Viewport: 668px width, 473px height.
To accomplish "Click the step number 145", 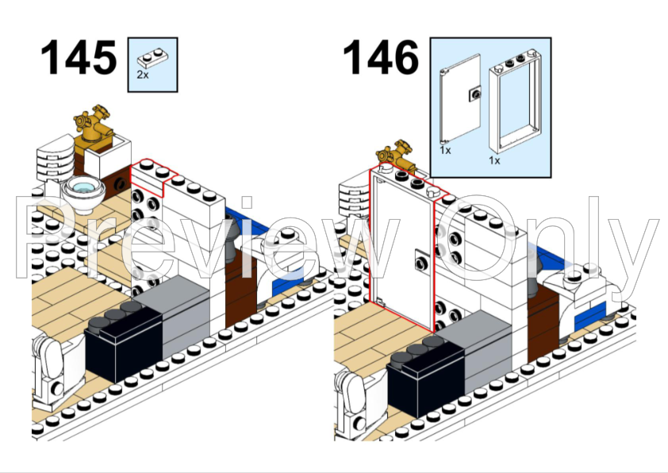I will point(77,59).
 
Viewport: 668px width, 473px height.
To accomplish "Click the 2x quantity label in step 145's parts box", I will point(142,75).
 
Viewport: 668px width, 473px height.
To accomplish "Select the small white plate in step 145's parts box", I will point(152,58).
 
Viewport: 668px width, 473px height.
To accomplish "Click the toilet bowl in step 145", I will point(83,190).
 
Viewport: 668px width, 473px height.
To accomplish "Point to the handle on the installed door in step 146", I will point(418,259).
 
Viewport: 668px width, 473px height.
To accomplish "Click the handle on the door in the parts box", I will point(475,93).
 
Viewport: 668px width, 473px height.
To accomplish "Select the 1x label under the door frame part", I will point(494,160).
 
